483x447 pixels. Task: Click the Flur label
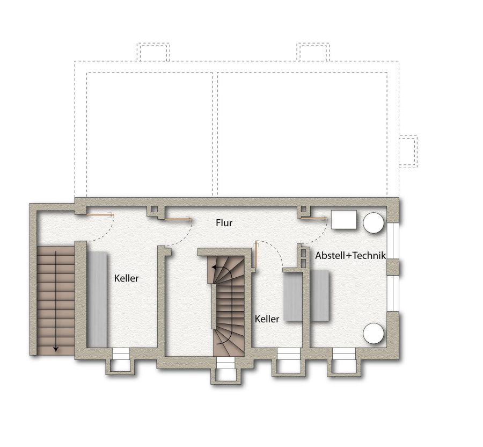click(x=224, y=222)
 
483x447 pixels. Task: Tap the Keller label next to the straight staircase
click(x=126, y=278)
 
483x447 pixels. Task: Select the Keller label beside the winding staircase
click(x=267, y=319)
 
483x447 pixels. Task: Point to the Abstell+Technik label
click(x=350, y=255)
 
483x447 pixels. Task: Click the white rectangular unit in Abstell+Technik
click(x=344, y=220)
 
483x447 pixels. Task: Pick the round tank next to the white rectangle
click(x=374, y=222)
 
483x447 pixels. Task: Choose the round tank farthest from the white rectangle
click(x=374, y=333)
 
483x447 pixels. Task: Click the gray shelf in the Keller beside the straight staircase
click(x=97, y=299)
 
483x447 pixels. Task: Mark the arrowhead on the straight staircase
click(x=56, y=349)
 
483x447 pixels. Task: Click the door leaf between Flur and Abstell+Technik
click(x=314, y=218)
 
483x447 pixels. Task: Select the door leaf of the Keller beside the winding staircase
click(x=255, y=255)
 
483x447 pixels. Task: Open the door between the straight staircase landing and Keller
click(x=100, y=215)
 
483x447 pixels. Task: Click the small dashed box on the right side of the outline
click(x=408, y=152)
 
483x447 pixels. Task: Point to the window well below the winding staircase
click(x=225, y=370)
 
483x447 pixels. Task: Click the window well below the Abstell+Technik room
click(x=344, y=362)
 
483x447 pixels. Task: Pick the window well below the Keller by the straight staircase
click(x=120, y=361)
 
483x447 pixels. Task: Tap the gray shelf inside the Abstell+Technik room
click(x=319, y=295)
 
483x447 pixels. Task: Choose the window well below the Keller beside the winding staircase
click(x=288, y=362)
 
